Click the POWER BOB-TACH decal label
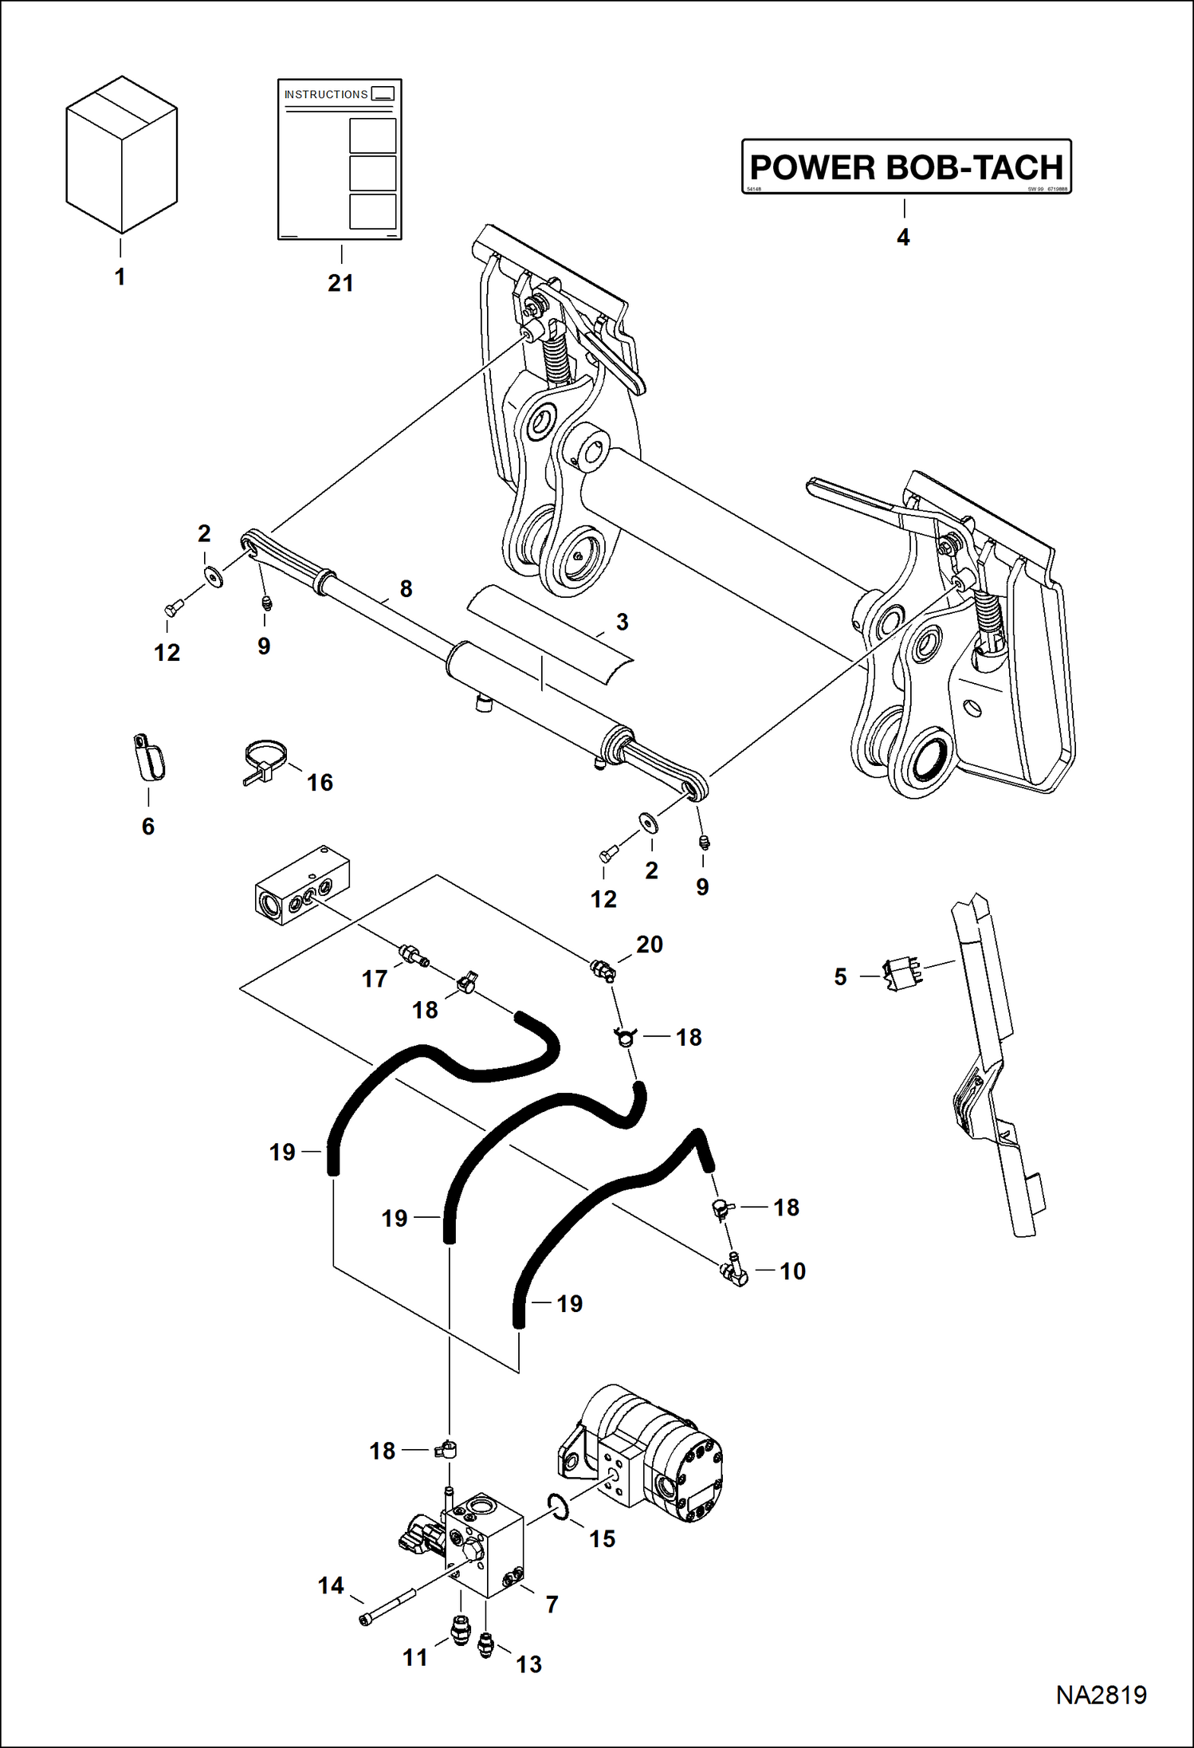(x=906, y=167)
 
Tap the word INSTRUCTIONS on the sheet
(x=326, y=94)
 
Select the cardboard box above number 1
(x=121, y=155)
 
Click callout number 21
(x=340, y=283)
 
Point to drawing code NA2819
(x=1101, y=1695)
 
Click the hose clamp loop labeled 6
(x=149, y=758)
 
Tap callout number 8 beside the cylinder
(x=406, y=589)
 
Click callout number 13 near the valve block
(x=528, y=1664)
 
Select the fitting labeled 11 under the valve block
(x=460, y=1630)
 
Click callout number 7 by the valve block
(x=552, y=1604)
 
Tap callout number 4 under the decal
(x=902, y=238)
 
